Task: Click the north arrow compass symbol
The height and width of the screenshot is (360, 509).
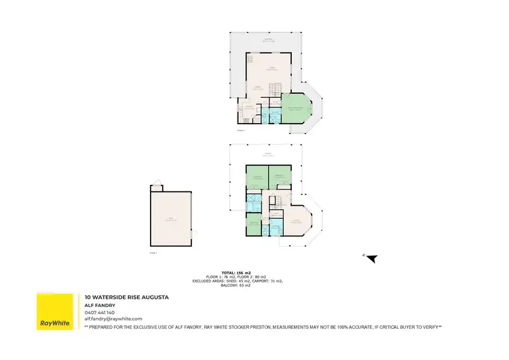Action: tap(371, 257)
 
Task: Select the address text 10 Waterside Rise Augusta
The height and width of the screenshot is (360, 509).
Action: tap(126, 297)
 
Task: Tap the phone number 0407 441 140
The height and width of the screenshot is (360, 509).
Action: tap(99, 312)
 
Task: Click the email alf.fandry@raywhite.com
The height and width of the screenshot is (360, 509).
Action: tap(113, 318)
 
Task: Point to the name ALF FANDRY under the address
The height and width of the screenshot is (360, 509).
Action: tap(99, 305)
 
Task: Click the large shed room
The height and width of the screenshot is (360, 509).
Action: tap(171, 219)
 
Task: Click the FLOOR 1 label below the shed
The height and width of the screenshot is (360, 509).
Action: tap(153, 253)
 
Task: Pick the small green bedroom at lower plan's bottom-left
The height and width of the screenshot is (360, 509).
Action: tap(252, 223)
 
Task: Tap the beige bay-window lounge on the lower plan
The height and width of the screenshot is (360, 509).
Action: tap(296, 221)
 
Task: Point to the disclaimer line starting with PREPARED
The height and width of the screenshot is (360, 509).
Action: tap(263, 327)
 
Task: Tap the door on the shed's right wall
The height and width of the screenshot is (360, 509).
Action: tap(193, 234)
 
